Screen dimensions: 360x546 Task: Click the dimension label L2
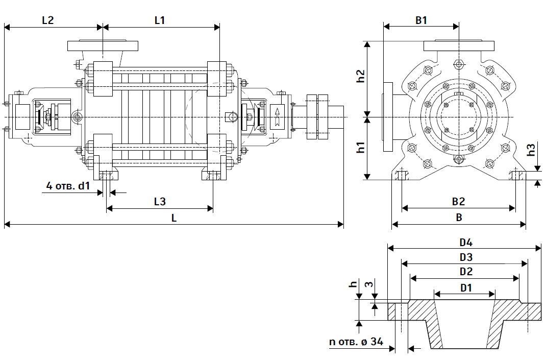[47, 20]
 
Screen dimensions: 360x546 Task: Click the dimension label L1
[160, 20]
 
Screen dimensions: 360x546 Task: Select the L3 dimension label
[160, 202]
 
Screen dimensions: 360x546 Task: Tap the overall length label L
[174, 218]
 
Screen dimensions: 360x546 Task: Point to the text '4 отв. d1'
[68, 186]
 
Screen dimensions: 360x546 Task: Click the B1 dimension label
[421, 20]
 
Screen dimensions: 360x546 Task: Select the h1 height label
[360, 148]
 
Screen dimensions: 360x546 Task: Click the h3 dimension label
[531, 151]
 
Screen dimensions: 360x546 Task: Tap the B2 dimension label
[458, 202]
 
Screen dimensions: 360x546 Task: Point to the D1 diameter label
[466, 287]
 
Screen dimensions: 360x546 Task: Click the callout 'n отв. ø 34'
[356, 342]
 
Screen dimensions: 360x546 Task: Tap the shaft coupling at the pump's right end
[317, 117]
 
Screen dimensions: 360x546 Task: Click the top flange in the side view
[102, 45]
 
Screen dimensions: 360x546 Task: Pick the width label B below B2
[459, 218]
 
